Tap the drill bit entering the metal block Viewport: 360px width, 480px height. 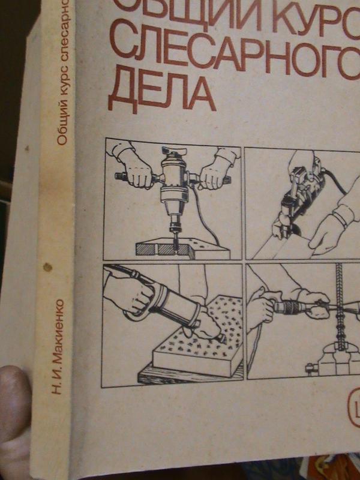(175, 238)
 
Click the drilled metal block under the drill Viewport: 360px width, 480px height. (179, 249)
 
